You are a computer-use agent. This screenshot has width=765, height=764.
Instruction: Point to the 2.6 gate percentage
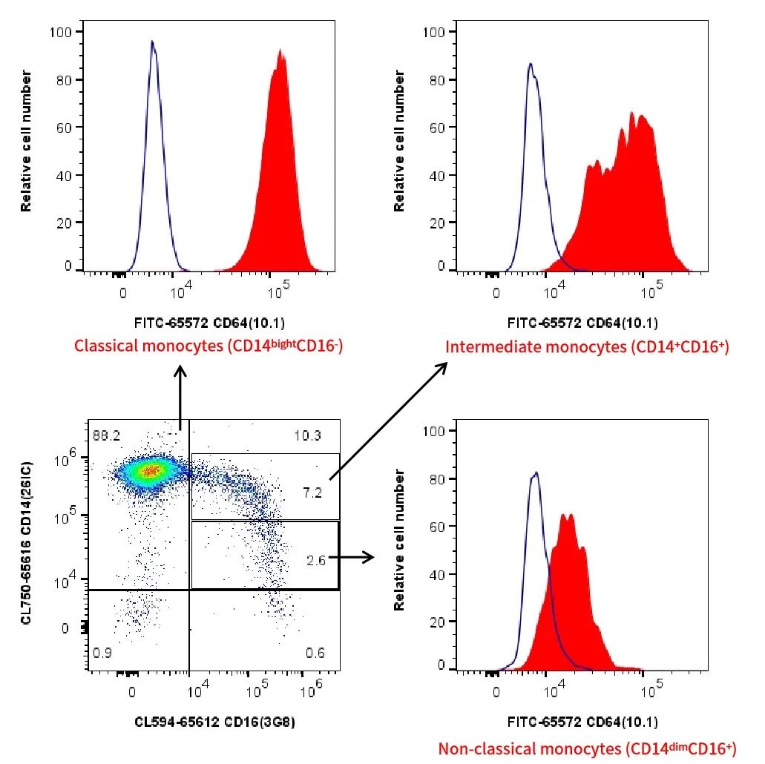(x=315, y=562)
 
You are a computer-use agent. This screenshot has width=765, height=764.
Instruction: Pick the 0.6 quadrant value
(x=315, y=653)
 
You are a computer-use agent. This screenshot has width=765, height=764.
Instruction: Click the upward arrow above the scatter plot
(x=180, y=393)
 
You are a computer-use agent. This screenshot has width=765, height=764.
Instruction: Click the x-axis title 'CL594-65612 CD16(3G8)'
(x=215, y=720)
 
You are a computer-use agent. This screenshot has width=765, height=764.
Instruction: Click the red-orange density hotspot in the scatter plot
(x=151, y=470)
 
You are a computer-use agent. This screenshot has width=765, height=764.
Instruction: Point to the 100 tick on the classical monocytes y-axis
(x=59, y=31)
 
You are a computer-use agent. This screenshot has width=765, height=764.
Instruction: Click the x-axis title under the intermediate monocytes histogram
(x=582, y=323)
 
